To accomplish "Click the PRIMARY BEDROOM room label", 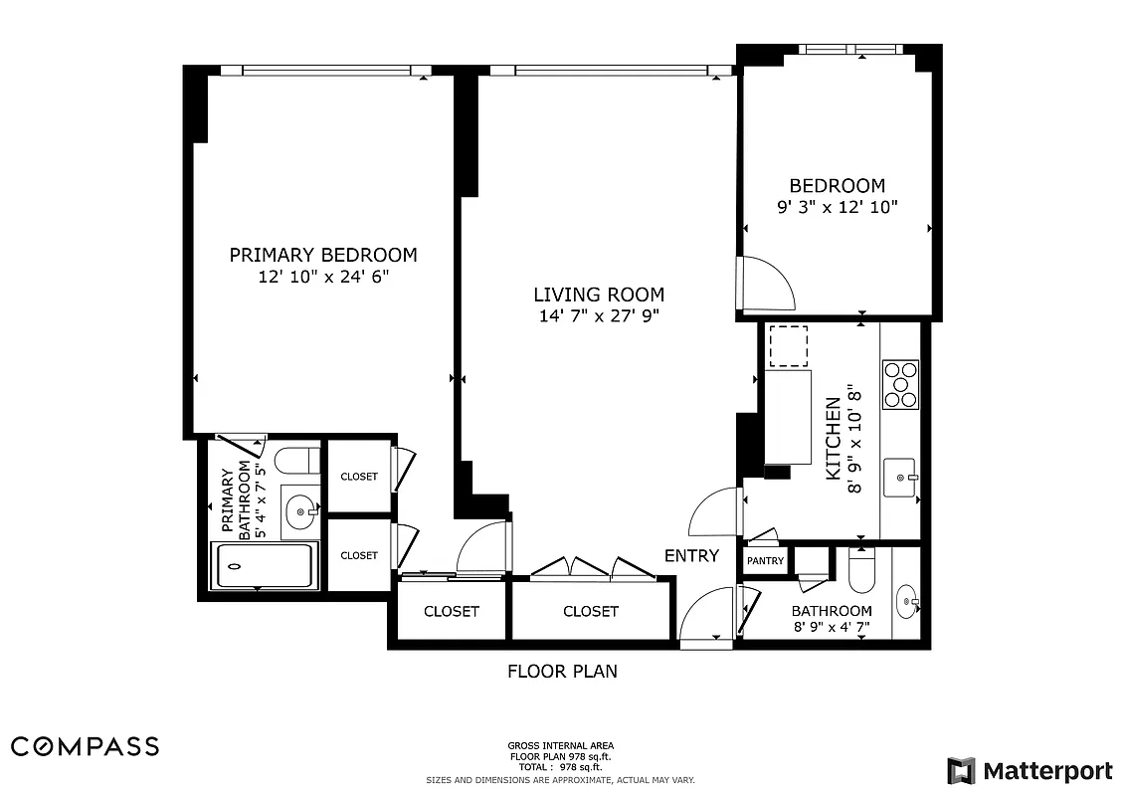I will (323, 255).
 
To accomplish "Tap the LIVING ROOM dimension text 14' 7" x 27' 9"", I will (599, 316).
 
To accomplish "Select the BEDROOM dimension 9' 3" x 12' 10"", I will (837, 208).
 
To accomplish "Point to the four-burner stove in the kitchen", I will (902, 384).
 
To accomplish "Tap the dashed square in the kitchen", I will (788, 346).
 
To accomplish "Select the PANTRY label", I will (765, 561).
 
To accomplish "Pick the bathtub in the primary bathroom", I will (265, 567).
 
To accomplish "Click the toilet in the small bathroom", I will (862, 571).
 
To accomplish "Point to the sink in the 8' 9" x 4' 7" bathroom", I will (907, 602).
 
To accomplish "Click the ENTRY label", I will (691, 556).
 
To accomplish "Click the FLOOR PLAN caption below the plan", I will (562, 672).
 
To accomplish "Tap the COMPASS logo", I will (85, 746).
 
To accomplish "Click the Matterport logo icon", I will (961, 771).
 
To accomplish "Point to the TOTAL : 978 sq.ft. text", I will (561, 767).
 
